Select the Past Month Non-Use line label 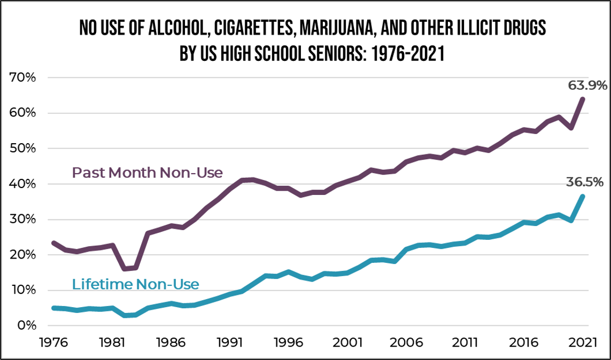pos(147,173)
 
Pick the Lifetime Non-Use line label pos(135,284)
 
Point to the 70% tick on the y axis pos(22,77)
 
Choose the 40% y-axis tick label pos(22,184)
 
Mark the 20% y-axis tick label pos(22,255)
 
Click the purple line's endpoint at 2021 pos(582,99)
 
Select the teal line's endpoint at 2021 pos(582,196)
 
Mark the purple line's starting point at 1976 pos(53,242)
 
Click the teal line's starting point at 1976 pos(53,308)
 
